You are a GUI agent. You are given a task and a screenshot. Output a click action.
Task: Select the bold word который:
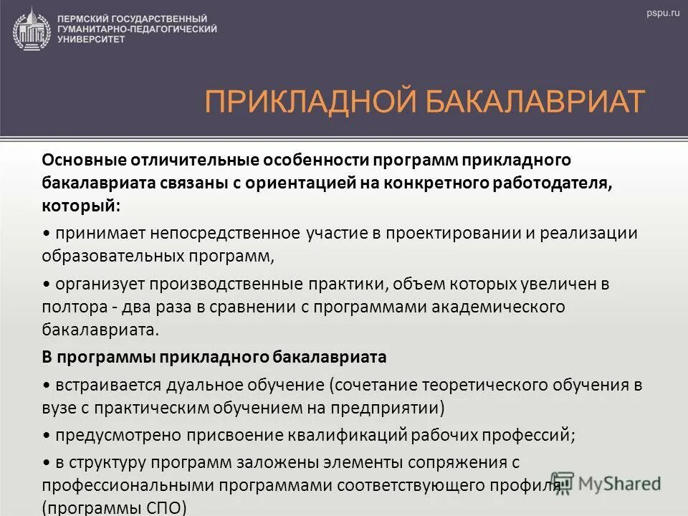coord(81,205)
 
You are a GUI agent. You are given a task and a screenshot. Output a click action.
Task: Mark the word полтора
coord(70,307)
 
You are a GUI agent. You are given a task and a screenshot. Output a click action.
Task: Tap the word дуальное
coord(203,384)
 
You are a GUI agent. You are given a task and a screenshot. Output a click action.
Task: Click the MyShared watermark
coord(606,482)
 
